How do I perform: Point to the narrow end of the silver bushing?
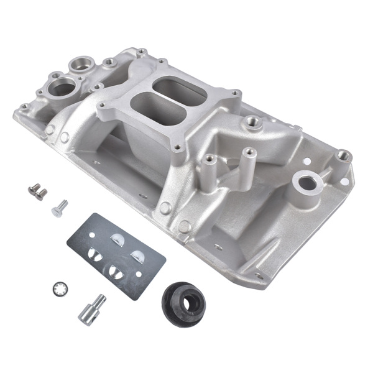click(x=97, y=300)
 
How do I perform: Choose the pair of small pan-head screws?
click(x=37, y=192)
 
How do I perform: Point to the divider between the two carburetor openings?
click(x=163, y=99)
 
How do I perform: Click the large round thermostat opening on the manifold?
click(x=62, y=88)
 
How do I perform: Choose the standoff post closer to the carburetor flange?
click(x=210, y=161)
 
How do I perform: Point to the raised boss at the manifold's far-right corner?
click(x=343, y=155)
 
